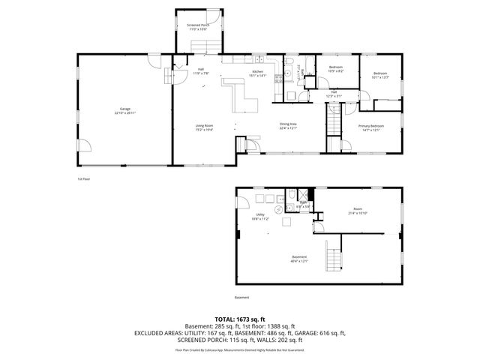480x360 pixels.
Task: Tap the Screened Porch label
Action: click(x=198, y=27)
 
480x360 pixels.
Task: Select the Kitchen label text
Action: click(x=258, y=73)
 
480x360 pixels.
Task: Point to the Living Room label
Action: click(x=205, y=127)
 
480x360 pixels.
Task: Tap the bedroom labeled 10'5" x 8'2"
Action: click(x=336, y=70)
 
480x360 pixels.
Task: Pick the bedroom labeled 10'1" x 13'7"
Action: click(x=381, y=75)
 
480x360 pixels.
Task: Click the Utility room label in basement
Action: click(x=260, y=217)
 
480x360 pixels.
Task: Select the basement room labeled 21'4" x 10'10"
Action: click(x=358, y=211)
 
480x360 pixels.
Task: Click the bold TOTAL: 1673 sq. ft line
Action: click(x=240, y=319)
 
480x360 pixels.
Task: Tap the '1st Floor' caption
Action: click(x=83, y=179)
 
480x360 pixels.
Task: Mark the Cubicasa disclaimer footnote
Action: click(x=240, y=349)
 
